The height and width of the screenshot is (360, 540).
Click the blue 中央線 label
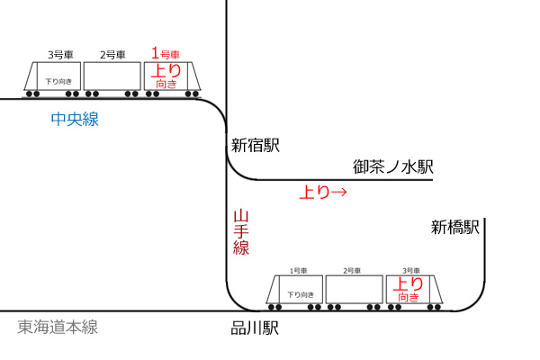click(75, 119)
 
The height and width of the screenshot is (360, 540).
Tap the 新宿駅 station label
click(256, 145)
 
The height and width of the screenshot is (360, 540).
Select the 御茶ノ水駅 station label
click(393, 166)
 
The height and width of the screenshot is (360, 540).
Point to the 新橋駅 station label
click(454, 228)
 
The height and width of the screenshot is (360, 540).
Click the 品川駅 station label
click(255, 328)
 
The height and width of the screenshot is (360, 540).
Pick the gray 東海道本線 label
click(58, 327)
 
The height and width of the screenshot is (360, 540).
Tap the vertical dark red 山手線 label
click(241, 232)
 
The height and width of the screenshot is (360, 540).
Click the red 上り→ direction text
click(323, 192)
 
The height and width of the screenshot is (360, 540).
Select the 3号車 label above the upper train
click(60, 55)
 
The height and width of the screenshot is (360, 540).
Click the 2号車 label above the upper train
click(112, 55)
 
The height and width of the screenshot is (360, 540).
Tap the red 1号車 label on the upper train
click(166, 53)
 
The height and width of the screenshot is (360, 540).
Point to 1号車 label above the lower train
click(298, 271)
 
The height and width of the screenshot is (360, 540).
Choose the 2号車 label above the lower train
click(352, 271)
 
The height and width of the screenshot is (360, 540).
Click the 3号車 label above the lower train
click(411, 271)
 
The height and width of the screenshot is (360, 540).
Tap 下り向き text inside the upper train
click(58, 82)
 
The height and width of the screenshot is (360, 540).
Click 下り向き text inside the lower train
click(301, 295)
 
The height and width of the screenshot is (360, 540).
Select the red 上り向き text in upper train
click(166, 76)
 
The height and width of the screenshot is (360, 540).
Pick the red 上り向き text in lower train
click(409, 290)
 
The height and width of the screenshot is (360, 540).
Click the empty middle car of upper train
click(112, 76)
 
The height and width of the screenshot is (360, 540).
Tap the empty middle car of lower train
click(355, 290)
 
